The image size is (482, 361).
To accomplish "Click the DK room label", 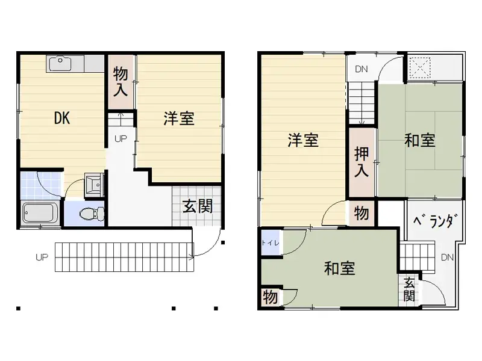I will [62, 119].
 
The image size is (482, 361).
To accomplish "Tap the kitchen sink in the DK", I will [60, 62].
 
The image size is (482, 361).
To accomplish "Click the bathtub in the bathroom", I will [40, 213].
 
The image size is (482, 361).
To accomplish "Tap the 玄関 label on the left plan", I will [197, 206].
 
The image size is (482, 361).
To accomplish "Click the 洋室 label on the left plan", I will [178, 119].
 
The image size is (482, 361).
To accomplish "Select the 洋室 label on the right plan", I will [302, 141].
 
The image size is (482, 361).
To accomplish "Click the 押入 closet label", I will [361, 162].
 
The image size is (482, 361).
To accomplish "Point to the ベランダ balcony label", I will [433, 221].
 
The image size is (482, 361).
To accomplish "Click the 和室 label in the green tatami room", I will [420, 141].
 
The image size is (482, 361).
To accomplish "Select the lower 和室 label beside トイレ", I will [339, 268].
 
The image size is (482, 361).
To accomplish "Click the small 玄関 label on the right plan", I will [409, 289].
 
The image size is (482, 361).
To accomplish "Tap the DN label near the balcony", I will [446, 258].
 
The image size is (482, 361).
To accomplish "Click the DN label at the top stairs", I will [361, 69].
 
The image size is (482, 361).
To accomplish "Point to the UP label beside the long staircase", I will [41, 258].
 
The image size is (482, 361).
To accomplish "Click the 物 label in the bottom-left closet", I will [270, 297].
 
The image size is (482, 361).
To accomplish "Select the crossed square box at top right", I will [420, 66].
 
